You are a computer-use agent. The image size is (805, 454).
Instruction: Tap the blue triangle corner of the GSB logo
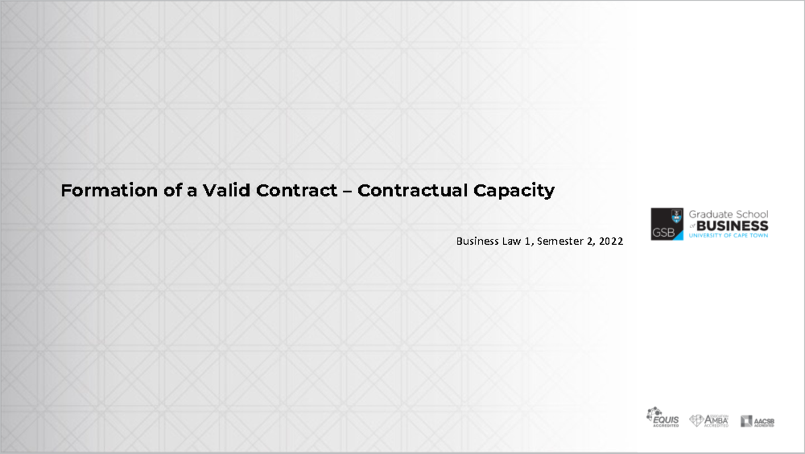(678, 235)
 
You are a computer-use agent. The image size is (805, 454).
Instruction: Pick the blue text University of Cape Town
(729, 235)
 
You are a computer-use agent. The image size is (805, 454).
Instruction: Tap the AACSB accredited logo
(757, 421)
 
